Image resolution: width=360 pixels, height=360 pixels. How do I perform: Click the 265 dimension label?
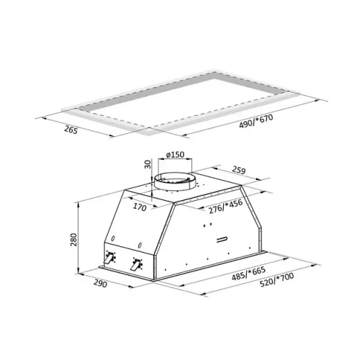(71, 130)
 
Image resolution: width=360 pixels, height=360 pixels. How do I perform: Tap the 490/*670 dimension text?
(256, 121)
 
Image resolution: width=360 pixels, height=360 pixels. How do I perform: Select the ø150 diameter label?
(175, 155)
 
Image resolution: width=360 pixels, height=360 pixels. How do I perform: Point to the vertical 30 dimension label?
(148, 164)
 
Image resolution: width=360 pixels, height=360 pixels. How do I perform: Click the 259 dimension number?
(239, 170)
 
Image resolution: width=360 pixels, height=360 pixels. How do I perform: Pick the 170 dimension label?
(140, 207)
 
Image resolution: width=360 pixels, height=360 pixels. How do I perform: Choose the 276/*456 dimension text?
(225, 207)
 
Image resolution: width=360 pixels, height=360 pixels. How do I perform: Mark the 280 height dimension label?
(73, 240)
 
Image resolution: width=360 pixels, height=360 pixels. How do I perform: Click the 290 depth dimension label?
(100, 284)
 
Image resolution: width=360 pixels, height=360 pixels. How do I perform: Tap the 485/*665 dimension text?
(248, 274)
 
